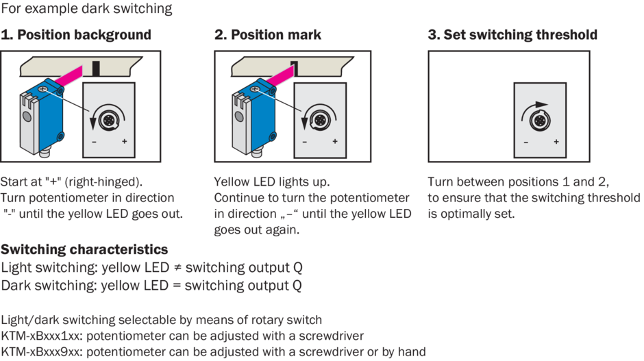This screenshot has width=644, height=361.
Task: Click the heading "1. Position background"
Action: [76, 35]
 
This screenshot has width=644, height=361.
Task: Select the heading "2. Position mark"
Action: [268, 35]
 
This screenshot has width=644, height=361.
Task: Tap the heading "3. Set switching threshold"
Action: [512, 35]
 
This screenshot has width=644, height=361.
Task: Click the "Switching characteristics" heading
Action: [84, 249]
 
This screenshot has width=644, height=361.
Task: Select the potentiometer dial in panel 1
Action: [108, 121]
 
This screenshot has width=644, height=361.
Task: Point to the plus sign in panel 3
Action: [556, 142]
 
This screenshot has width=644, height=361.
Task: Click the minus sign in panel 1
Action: [94, 142]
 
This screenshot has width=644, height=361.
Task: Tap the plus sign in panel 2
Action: [335, 142]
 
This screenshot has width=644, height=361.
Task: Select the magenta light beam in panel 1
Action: [69, 77]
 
